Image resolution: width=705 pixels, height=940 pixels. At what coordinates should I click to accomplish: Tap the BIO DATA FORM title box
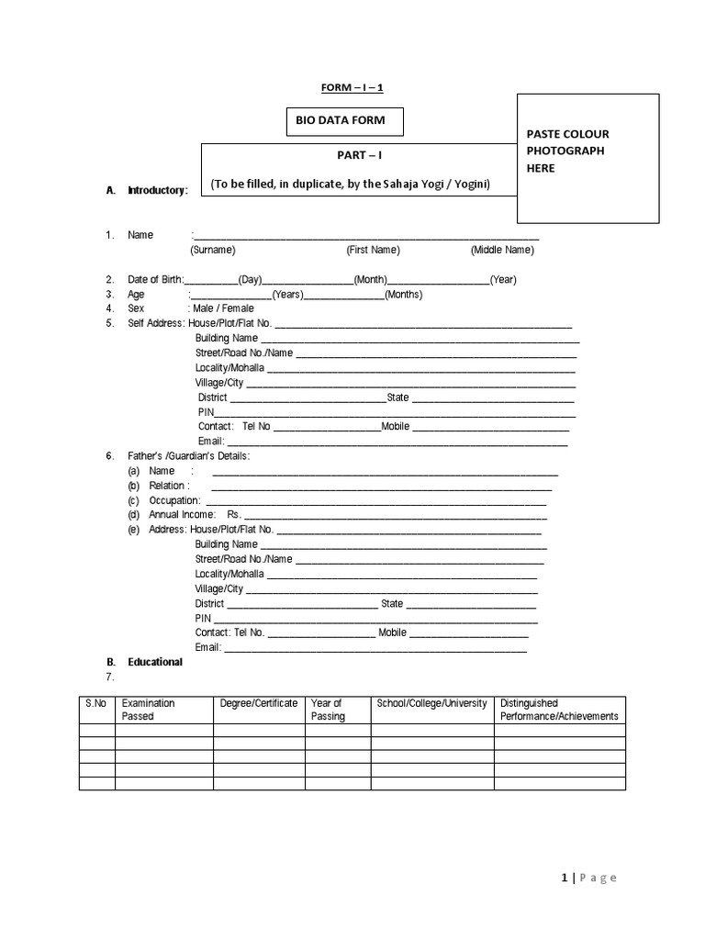[x=343, y=120]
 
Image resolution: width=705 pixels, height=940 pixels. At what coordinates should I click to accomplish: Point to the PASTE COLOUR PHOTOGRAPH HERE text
[x=567, y=151]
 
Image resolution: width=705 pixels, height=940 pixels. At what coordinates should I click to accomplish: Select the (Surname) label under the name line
[x=212, y=250]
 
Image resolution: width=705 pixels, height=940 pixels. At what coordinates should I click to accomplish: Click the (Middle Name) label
[x=502, y=250]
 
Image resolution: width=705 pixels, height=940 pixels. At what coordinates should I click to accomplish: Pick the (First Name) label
[x=373, y=250]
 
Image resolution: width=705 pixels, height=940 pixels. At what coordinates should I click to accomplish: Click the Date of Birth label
[x=155, y=279]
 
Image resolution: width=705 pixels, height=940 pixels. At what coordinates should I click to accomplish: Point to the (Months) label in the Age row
[x=404, y=294]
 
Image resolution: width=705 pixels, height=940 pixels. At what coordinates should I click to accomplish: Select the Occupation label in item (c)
[x=174, y=500]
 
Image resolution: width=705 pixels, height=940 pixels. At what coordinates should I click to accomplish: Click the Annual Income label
[x=182, y=515]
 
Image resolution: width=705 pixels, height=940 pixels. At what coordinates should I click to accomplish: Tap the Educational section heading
[x=155, y=662]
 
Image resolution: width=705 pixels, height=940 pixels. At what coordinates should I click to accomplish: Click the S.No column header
[x=96, y=703]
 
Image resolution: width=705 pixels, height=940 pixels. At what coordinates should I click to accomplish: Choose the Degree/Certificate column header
[x=259, y=703]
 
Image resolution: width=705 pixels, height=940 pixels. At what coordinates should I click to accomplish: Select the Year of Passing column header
[x=328, y=710]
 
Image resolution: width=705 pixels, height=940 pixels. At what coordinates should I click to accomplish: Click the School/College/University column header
[x=431, y=703]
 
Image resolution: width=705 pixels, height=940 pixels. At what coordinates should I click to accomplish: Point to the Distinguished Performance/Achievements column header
[x=559, y=710]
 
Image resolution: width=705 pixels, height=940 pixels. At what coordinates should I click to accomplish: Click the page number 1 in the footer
[x=564, y=878]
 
